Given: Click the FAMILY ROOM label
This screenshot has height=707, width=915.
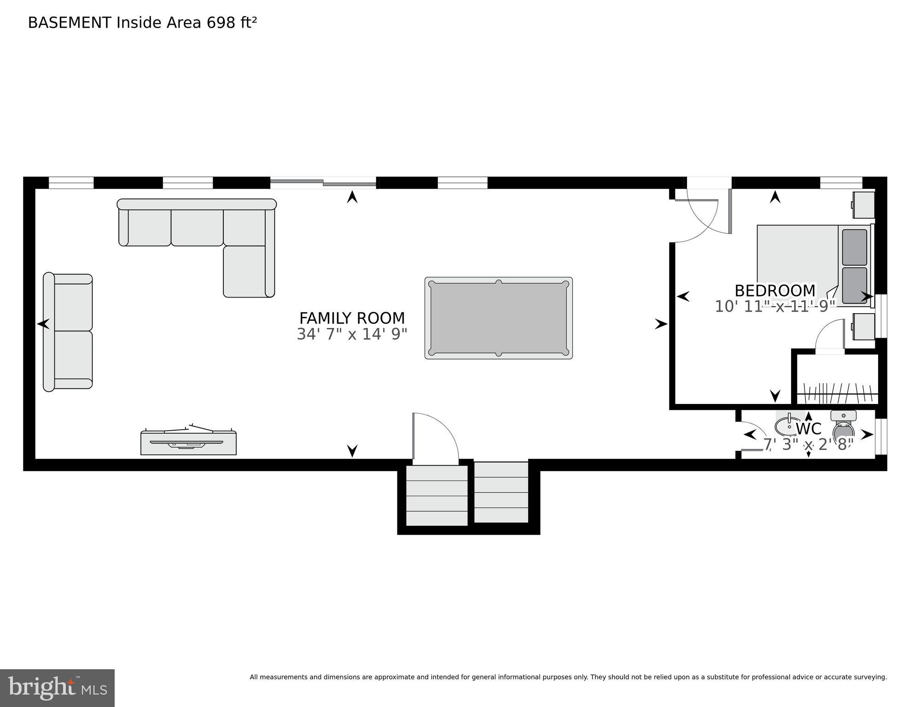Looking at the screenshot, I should tap(352, 318).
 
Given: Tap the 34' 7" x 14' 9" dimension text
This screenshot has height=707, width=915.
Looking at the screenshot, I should tap(352, 334).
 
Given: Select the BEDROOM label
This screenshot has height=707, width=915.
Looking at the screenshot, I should tap(775, 291).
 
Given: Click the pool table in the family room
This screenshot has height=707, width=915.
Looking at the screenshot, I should tap(498, 318).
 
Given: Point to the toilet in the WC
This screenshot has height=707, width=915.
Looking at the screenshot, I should tap(843, 426).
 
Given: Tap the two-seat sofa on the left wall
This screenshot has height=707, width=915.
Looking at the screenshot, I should tap(68, 332).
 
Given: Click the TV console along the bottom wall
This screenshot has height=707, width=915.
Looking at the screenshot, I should tap(188, 443).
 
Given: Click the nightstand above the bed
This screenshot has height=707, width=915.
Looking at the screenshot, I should tap(863, 205).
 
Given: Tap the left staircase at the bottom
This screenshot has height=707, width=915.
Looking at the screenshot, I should tap(437, 496).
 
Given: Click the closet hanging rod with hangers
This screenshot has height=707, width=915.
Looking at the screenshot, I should tap(837, 394).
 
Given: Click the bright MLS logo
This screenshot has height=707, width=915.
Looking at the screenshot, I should tap(57, 688).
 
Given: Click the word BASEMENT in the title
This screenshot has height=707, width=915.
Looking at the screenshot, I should tap(70, 23).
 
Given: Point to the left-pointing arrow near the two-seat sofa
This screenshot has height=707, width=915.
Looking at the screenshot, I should tap(43, 324).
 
